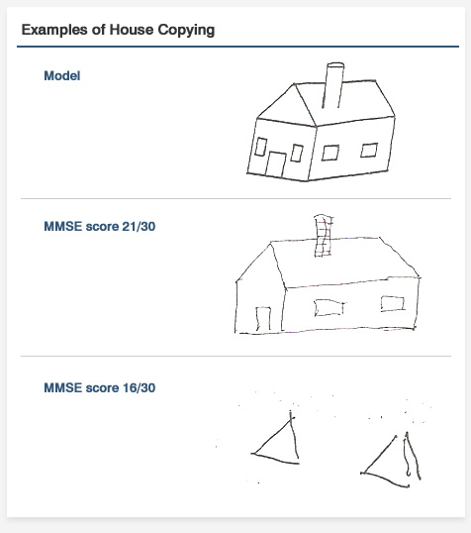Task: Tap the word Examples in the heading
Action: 54,30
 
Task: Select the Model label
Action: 62,75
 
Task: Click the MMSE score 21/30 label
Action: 100,227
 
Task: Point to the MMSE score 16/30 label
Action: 100,387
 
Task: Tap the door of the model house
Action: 276,164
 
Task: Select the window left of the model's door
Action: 260,147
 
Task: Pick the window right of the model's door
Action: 297,153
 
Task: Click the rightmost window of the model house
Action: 369,151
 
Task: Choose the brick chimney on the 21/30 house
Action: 323,235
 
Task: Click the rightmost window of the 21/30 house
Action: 393,303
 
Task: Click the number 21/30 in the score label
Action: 139,227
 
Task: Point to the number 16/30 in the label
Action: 139,387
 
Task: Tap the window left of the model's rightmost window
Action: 330,153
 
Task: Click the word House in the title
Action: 132,30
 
